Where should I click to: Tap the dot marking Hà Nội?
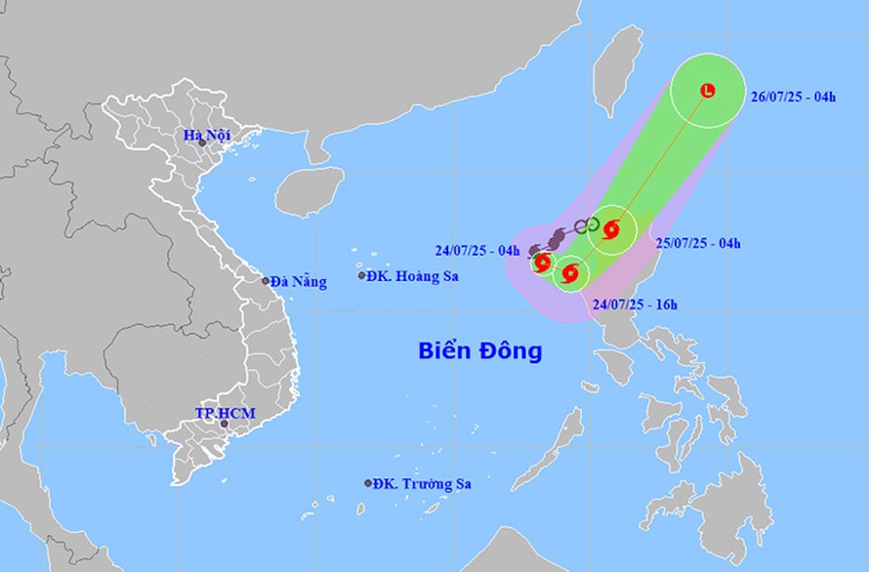tap(203, 143)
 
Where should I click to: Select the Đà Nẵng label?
tap(299, 281)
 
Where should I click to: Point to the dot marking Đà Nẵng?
tap(266, 281)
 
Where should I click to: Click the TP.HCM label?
tap(225, 413)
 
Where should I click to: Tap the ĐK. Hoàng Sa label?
tap(412, 276)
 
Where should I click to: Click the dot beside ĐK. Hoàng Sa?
tap(362, 276)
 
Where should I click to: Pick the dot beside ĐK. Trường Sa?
tap(369, 483)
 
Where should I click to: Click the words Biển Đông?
tap(480, 350)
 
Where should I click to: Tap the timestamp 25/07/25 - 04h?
tap(698, 242)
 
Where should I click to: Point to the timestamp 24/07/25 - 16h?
tap(635, 305)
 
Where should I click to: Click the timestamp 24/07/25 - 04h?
tap(477, 250)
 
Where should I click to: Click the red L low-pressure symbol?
tap(708, 91)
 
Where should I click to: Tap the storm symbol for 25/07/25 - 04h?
tap(612, 230)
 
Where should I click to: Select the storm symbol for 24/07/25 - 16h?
tap(571, 272)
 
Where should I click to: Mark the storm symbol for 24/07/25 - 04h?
tap(542, 262)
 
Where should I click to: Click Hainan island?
tap(310, 190)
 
